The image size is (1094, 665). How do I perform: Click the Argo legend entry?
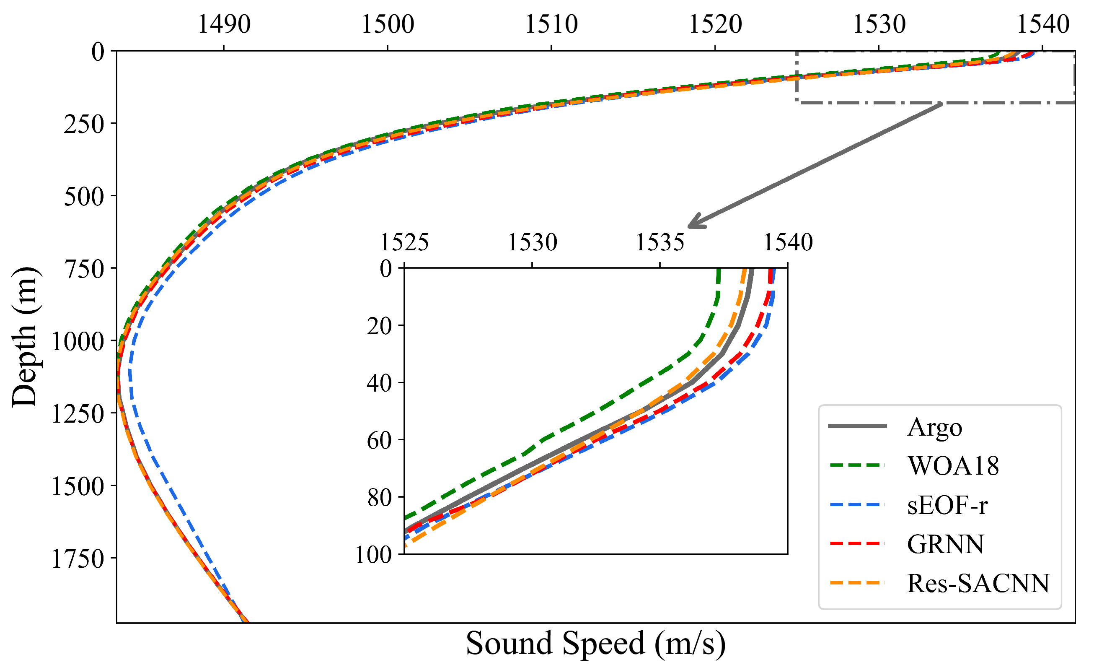[934, 428]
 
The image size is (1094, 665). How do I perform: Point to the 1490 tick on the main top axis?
[224, 24]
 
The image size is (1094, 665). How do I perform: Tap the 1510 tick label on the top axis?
[551, 24]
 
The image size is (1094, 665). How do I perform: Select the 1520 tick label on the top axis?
[715, 24]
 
